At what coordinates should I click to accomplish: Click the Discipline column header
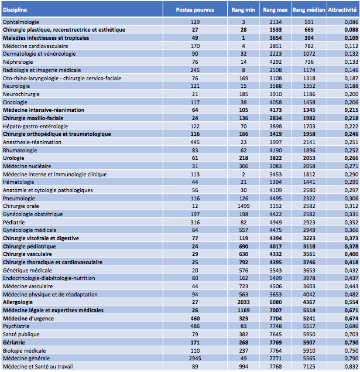pyautogui.click(x=15, y=10)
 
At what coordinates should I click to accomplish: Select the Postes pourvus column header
pyautogui.click(x=196, y=10)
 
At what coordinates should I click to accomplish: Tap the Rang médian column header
pyautogui.click(x=308, y=10)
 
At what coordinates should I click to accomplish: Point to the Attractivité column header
pyautogui.click(x=342, y=10)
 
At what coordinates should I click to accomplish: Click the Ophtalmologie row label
pyautogui.click(x=22, y=22)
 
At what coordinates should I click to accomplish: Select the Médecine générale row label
pyautogui.click(x=26, y=358)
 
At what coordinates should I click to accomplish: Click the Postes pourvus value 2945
pyautogui.click(x=196, y=358)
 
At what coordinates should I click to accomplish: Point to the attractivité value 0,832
pyautogui.click(x=350, y=366)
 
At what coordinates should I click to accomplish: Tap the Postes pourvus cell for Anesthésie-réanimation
pyautogui.click(x=196, y=142)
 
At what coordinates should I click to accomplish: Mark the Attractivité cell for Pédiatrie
pyautogui.click(x=350, y=206)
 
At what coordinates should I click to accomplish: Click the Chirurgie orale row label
pyautogui.click(x=22, y=190)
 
